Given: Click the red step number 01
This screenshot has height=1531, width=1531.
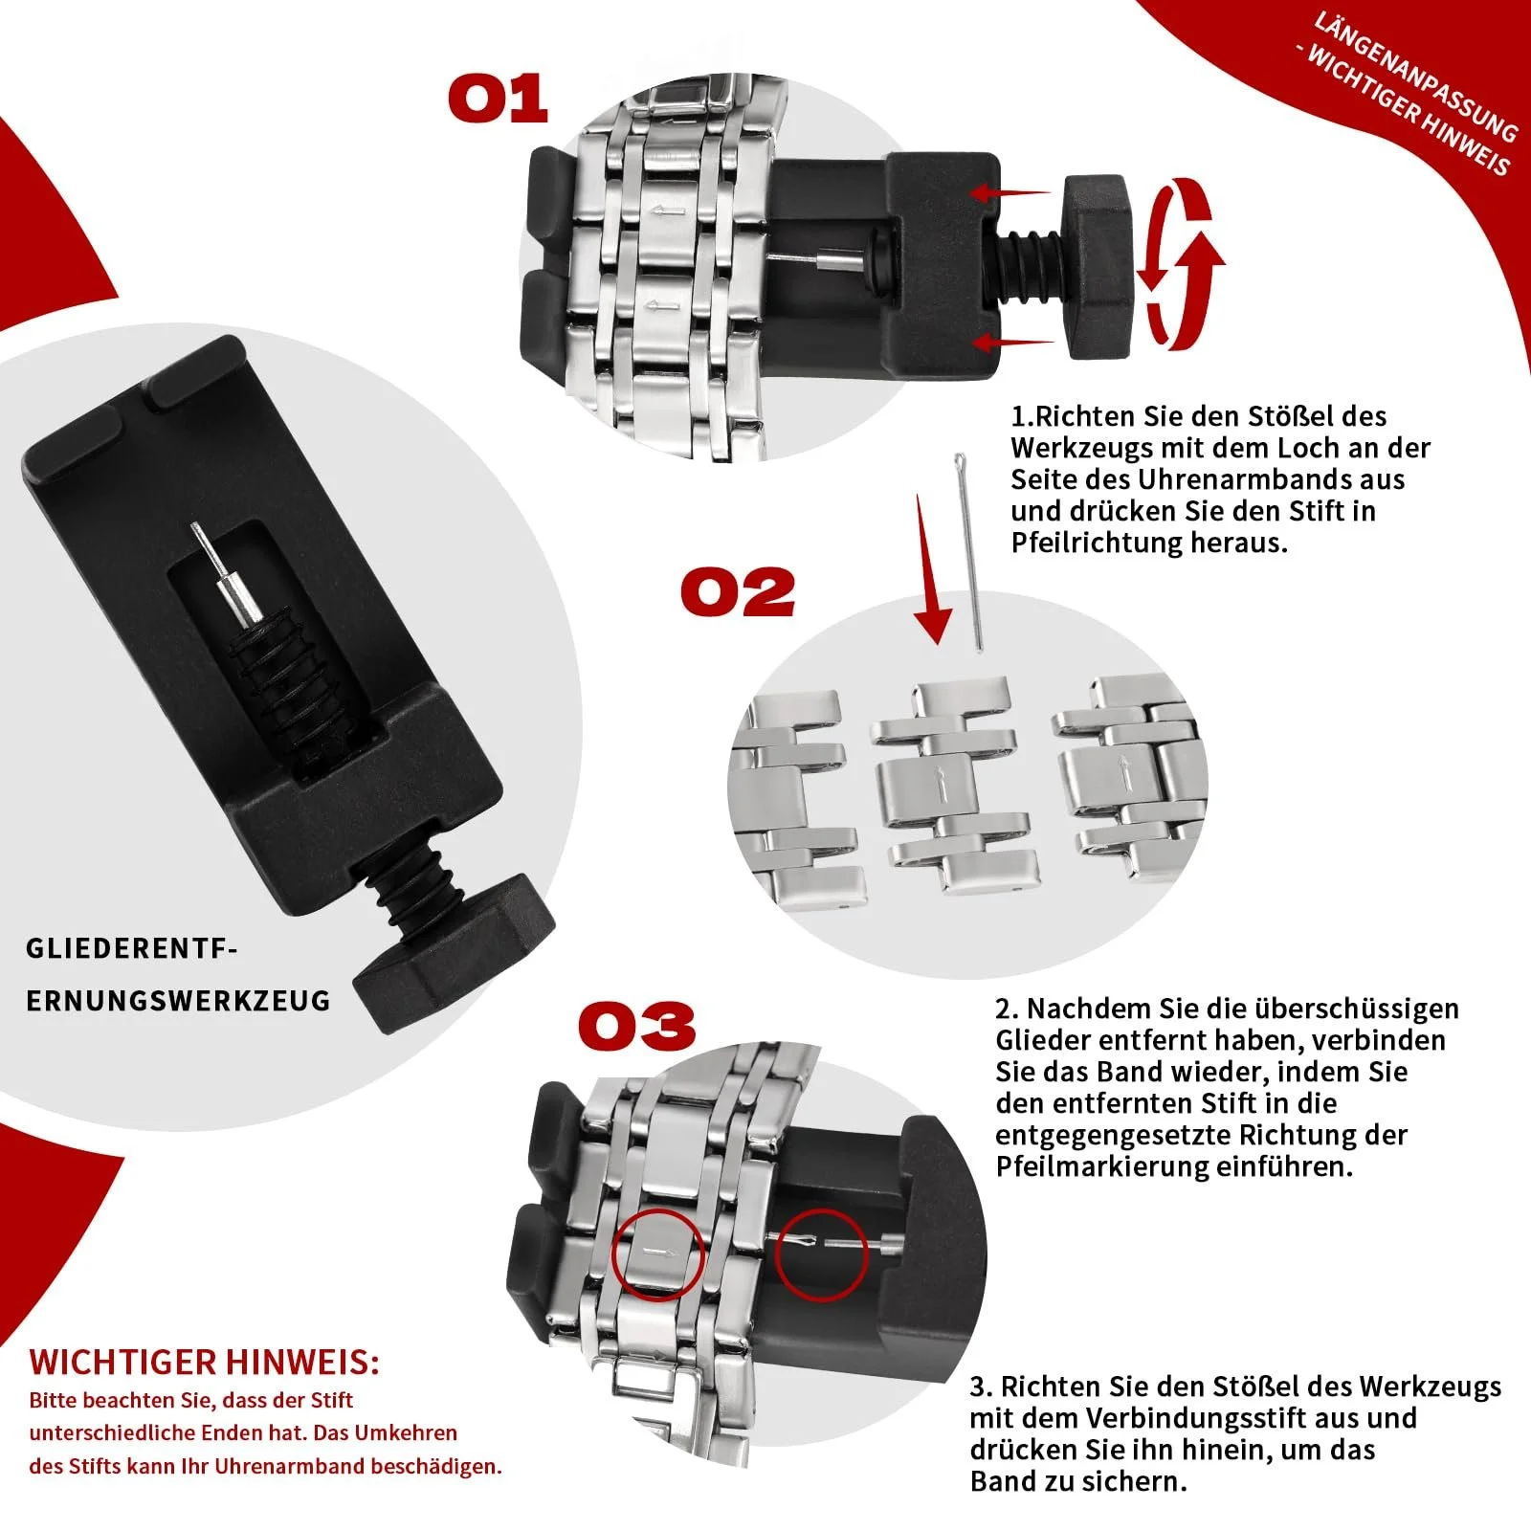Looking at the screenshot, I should coord(499,99).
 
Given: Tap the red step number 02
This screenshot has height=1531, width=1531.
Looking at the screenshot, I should coord(738,592).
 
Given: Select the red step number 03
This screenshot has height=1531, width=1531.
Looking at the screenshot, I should coord(636,1026).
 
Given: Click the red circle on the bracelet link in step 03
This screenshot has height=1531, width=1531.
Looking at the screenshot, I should coord(657,1254).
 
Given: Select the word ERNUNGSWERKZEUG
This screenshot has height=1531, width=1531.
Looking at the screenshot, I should coord(178,1001).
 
